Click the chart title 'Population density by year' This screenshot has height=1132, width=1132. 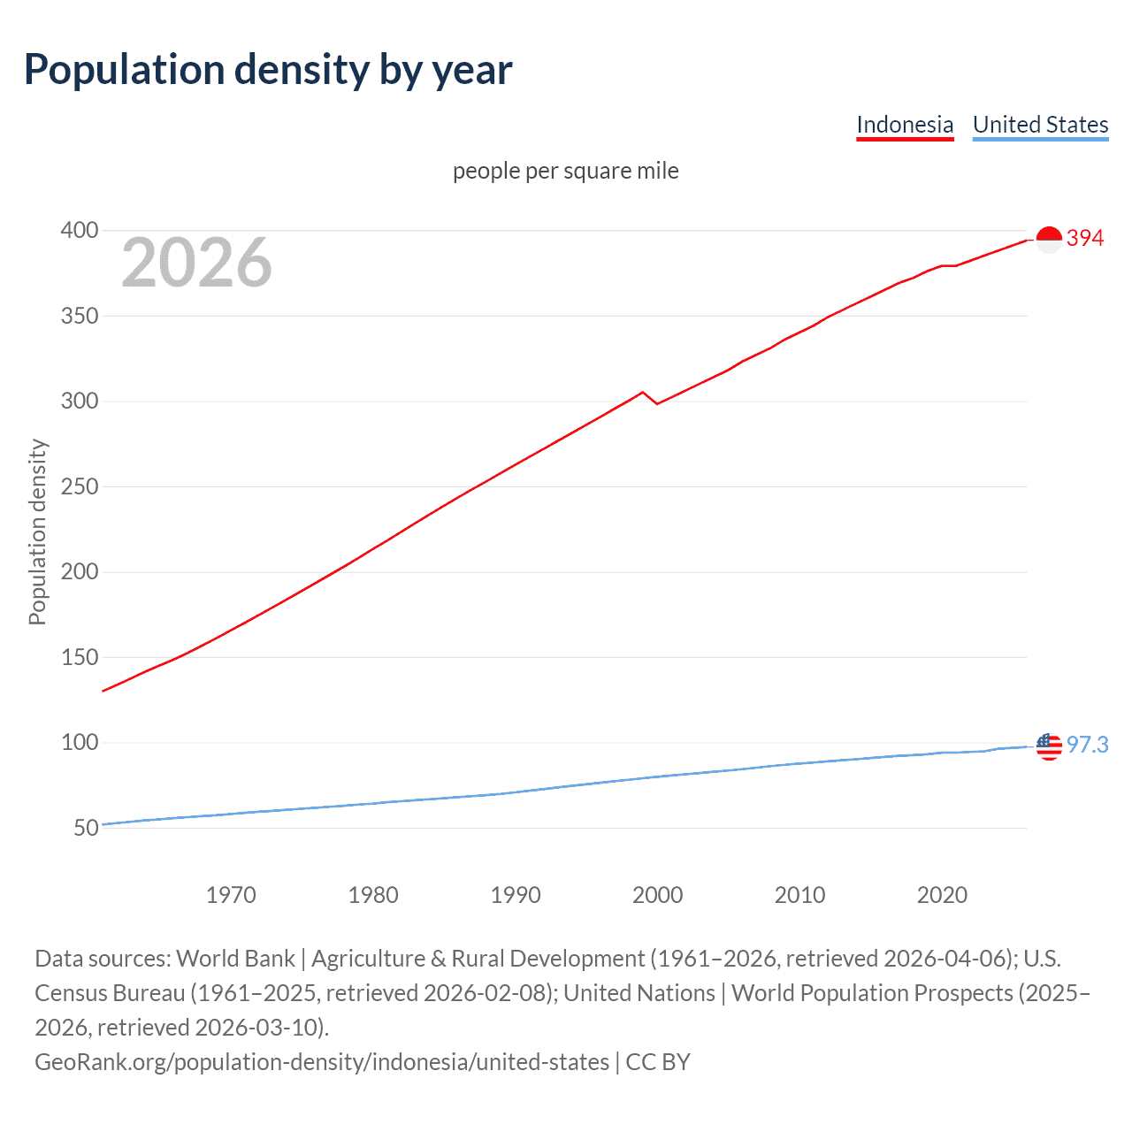(x=268, y=70)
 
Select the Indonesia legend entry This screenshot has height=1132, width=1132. (x=905, y=125)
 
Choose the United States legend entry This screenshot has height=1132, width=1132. (x=1040, y=125)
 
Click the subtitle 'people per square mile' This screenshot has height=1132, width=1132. (x=565, y=171)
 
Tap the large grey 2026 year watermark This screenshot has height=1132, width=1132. (x=196, y=263)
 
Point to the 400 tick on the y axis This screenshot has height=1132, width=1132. (x=79, y=231)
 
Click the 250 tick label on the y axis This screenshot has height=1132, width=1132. (x=79, y=486)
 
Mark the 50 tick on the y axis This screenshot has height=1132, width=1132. (x=86, y=828)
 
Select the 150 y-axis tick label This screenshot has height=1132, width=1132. (x=79, y=657)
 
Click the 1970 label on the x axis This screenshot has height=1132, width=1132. (x=231, y=895)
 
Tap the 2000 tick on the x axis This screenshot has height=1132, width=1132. (x=657, y=895)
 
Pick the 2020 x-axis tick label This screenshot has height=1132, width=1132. (x=942, y=895)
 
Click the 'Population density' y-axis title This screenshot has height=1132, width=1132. (x=37, y=532)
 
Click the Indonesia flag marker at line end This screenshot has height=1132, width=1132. (x=1049, y=240)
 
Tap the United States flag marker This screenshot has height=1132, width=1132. (x=1049, y=746)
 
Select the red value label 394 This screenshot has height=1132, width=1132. (x=1085, y=238)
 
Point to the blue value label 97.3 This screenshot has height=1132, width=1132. (x=1087, y=745)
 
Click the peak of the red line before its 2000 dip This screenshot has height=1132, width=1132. (x=643, y=392)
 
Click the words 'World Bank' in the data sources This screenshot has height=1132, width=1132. (x=235, y=959)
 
